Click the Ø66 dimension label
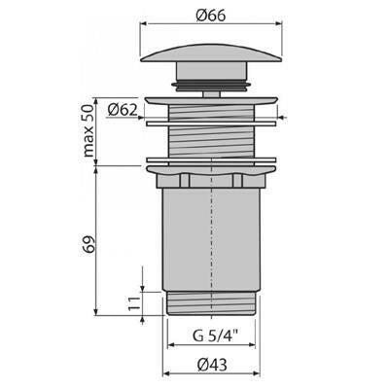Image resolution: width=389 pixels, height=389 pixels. [211, 15]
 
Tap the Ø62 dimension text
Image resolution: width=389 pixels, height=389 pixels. [123, 110]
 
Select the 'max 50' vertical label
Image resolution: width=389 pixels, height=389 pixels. [88, 130]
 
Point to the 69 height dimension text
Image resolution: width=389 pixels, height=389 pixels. [88, 244]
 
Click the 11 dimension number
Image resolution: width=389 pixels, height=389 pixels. [134, 303]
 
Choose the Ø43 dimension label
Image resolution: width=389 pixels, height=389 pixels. [212, 366]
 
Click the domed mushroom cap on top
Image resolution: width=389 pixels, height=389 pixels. [212, 53]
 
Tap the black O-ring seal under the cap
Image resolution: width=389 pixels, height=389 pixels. [212, 86]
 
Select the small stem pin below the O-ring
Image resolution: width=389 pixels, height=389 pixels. [212, 93]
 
